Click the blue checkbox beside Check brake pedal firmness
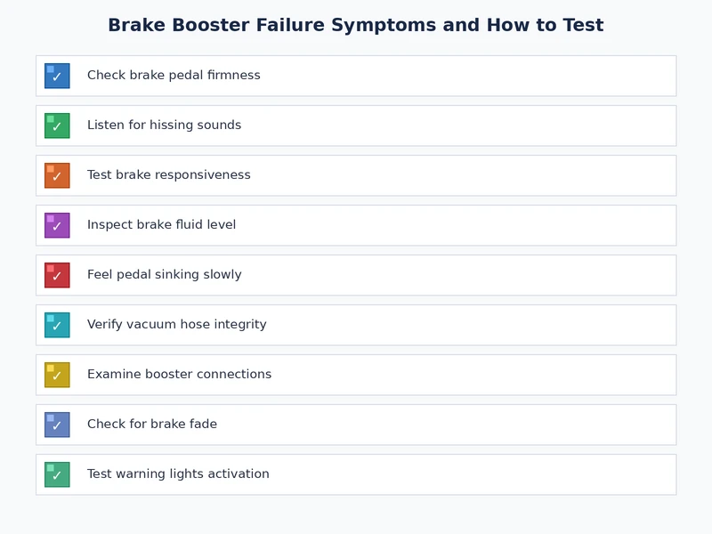tap(57, 76)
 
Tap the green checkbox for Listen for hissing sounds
tap(57, 125)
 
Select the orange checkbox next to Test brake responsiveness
tap(57, 175)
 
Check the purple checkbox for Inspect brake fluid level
tap(57, 225)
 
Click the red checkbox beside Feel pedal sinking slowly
tap(57, 275)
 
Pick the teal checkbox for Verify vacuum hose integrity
tap(57, 325)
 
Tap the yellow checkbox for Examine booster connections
tap(57, 375)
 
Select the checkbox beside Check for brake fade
tap(57, 425)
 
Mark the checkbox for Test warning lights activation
tap(57, 474)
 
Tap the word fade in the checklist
tap(202, 425)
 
